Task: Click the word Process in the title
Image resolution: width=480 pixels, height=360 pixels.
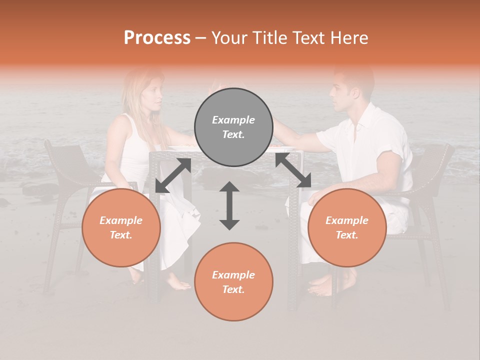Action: coord(157,38)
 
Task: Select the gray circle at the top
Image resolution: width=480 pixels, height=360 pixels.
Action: coord(233,127)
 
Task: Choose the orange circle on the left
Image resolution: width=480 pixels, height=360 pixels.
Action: coord(121,227)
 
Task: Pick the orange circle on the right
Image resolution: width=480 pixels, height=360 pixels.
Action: coord(346,227)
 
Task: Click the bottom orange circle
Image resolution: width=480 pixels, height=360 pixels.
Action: coord(233,281)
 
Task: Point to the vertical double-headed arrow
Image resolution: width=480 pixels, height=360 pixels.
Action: coord(229,205)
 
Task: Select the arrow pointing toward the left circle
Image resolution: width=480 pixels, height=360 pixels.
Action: coord(173,175)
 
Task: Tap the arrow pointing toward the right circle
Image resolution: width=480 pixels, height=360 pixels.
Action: coord(293,170)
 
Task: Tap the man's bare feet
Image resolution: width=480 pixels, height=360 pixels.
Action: coord(322,285)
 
